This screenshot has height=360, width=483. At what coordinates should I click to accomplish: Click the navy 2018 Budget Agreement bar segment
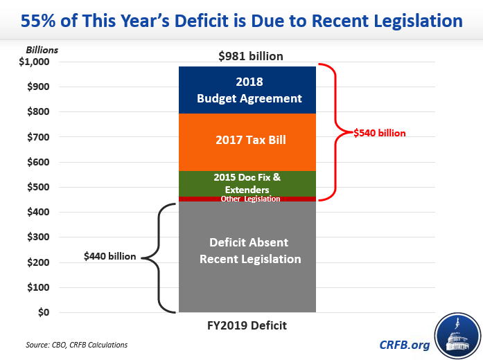pos(247,89)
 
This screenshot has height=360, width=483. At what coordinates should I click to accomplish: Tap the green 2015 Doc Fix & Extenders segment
pos(247,183)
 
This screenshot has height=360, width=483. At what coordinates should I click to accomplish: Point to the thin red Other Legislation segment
pos(247,199)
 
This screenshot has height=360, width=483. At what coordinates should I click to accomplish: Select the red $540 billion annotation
pos(378,132)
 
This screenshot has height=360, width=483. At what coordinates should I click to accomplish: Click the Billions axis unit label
pos(42,50)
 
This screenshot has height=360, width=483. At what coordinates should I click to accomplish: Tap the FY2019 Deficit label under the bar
pos(247,325)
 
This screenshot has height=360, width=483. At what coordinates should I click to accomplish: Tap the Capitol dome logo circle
pos(456,335)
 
